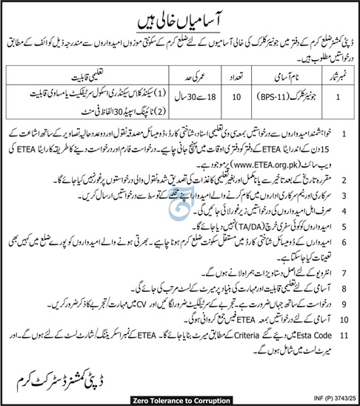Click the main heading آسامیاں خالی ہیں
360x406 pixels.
[x=180, y=13]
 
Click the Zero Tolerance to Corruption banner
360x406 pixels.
[x=180, y=398]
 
